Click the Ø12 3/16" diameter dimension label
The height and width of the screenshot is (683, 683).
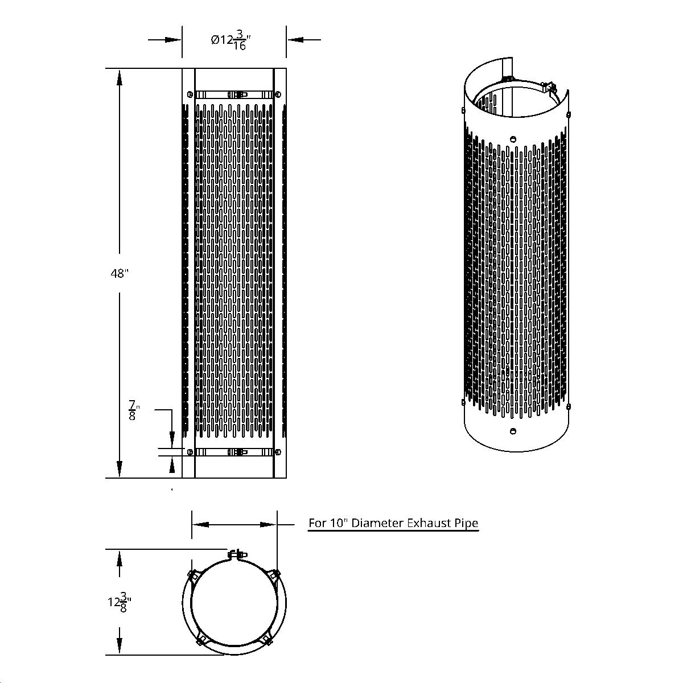click(x=231, y=40)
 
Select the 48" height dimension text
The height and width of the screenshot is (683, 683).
click(x=120, y=274)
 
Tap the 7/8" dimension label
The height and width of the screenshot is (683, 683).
click(x=133, y=410)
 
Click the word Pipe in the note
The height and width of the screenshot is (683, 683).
click(x=466, y=523)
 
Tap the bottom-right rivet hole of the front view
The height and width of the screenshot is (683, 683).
click(x=277, y=452)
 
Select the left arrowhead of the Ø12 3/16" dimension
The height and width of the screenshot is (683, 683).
click(x=174, y=40)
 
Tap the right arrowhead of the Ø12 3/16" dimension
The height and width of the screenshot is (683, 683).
click(x=294, y=40)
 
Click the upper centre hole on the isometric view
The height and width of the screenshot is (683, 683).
click(x=513, y=138)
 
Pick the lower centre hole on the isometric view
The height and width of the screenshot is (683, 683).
click(x=514, y=431)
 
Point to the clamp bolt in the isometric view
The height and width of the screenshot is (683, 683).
click(x=549, y=88)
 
